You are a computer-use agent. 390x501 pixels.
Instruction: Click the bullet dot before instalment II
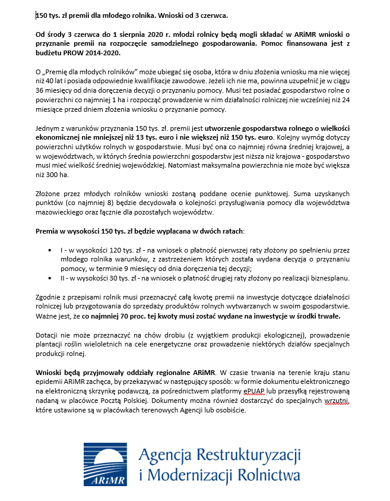point(50,278)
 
